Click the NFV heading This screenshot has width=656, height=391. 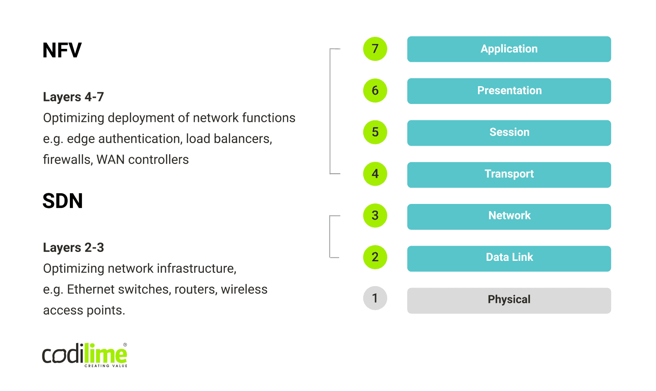(x=62, y=50)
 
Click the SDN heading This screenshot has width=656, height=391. (x=63, y=201)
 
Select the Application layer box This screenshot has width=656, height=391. (x=509, y=49)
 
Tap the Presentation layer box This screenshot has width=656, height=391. (x=509, y=91)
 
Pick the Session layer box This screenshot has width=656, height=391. (x=509, y=132)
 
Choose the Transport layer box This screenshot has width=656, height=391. (x=509, y=174)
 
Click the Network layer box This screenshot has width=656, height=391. (x=509, y=216)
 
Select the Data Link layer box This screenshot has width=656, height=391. (x=509, y=258)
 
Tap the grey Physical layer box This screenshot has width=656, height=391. (x=509, y=300)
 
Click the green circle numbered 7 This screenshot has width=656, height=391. (x=375, y=49)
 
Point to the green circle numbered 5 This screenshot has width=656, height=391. (x=375, y=132)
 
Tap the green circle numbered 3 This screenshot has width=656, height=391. (x=375, y=215)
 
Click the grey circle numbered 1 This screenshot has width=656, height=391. (x=375, y=298)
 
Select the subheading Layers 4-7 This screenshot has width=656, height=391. (x=73, y=97)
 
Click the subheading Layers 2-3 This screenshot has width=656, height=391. (x=73, y=247)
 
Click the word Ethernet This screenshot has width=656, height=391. (x=93, y=289)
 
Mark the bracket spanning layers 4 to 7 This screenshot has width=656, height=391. (x=330, y=111)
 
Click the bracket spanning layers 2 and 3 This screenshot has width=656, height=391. (x=330, y=236)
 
